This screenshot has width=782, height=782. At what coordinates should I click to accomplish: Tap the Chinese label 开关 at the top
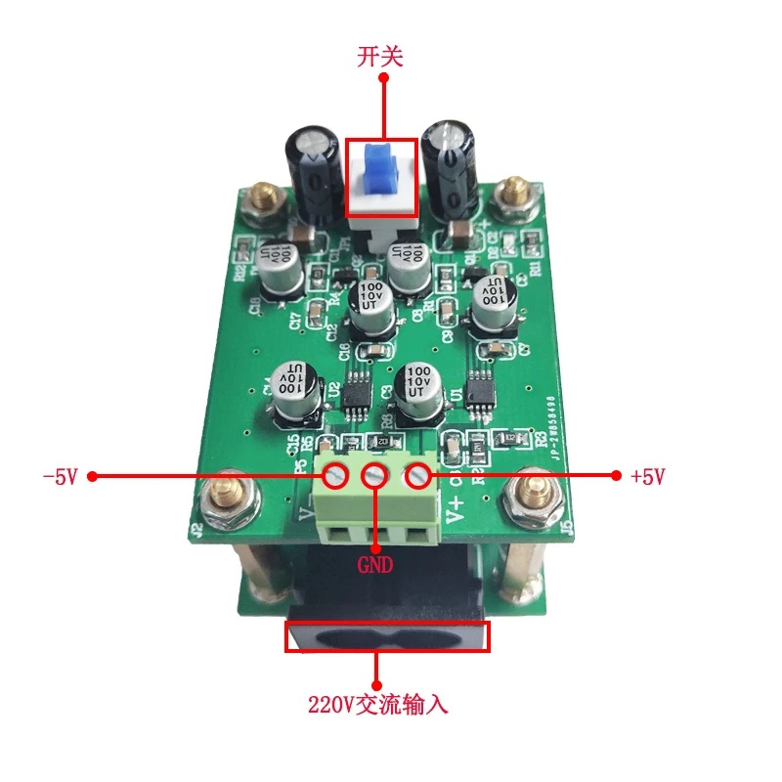379,58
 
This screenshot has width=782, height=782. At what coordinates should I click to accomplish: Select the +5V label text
647,477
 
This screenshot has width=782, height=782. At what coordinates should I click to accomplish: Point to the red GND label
376,565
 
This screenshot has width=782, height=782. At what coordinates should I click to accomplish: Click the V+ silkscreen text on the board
455,508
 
